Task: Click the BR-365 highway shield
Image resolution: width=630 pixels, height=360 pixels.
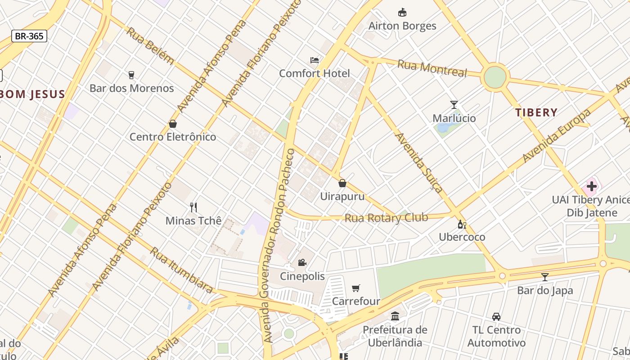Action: tap(29, 36)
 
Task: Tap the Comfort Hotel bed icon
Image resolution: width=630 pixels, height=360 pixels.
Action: tap(315, 60)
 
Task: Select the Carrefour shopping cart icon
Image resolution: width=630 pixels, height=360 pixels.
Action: tap(356, 288)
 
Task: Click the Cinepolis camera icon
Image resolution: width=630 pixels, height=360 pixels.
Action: tap(302, 263)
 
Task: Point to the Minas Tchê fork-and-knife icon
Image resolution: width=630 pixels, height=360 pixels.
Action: tap(193, 207)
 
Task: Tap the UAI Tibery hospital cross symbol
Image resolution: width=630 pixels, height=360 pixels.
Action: tap(591, 186)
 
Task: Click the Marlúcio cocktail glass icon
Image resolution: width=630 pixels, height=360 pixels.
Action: tap(454, 105)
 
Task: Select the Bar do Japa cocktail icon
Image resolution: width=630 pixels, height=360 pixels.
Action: tap(545, 277)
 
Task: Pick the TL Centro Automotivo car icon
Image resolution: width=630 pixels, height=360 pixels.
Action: tap(496, 317)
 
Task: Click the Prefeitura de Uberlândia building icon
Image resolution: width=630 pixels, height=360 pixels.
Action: tap(395, 316)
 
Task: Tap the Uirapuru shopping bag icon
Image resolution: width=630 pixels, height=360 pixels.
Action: tap(342, 183)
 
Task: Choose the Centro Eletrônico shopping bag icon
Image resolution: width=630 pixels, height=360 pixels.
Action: tap(173, 124)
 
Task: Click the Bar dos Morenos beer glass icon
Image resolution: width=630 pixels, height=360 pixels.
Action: tap(131, 75)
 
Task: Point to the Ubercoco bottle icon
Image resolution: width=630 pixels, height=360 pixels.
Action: tap(462, 224)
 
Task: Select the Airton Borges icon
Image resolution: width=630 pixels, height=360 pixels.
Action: tap(402, 13)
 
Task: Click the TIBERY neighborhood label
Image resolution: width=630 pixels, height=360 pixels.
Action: tap(536, 112)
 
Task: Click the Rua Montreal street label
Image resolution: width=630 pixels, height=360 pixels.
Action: tap(432, 68)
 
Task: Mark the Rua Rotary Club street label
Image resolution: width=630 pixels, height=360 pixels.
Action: tap(386, 218)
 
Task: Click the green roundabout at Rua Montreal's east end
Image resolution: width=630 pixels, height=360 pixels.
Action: tap(495, 77)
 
